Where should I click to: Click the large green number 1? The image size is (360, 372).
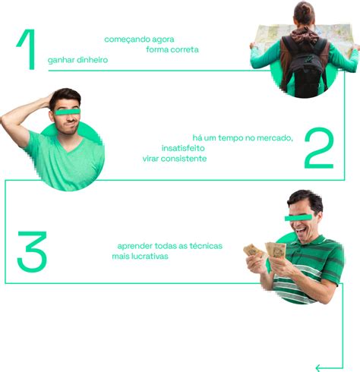(x=27, y=51)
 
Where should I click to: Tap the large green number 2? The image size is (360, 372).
(x=318, y=148)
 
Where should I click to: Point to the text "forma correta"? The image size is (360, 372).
(x=172, y=49)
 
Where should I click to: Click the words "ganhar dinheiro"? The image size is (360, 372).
(x=78, y=59)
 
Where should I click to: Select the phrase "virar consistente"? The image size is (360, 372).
(x=174, y=158)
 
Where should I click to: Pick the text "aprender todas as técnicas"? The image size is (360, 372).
(x=170, y=246)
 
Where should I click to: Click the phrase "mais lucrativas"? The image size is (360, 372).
(x=141, y=257)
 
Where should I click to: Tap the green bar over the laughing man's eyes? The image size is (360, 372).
(x=299, y=217)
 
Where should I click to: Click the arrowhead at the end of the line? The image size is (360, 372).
(x=319, y=367)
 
